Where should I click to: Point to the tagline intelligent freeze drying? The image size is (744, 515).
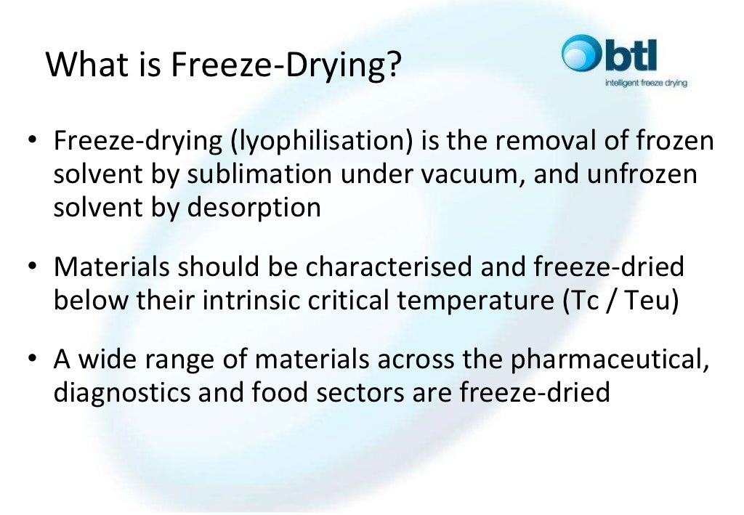click(x=646, y=84)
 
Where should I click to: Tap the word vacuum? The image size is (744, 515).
click(x=477, y=174)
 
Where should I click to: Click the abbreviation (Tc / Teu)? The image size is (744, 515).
click(x=620, y=300)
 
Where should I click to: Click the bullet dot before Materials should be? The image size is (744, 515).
click(x=33, y=268)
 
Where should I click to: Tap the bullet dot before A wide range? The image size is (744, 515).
click(x=33, y=360)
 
